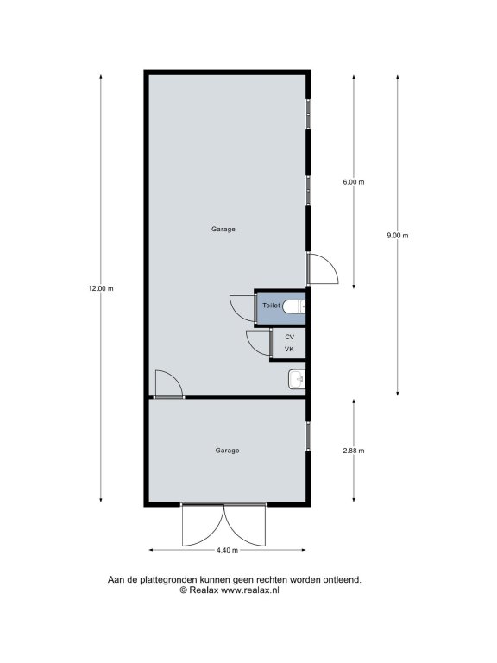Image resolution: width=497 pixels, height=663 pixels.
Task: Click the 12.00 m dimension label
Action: pyautogui.click(x=101, y=289)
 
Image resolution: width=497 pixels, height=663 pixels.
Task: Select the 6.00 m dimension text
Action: pyautogui.click(x=354, y=182)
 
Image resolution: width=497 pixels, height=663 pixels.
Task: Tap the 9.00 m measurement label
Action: pyautogui.click(x=398, y=236)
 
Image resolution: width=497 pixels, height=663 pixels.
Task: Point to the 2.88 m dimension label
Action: pyautogui.click(x=354, y=451)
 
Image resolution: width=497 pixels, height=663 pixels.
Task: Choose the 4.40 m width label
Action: pyautogui.click(x=228, y=550)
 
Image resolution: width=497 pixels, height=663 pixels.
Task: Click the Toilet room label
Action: pyautogui.click(x=271, y=306)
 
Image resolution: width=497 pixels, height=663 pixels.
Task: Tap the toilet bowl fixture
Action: pyautogui.click(x=293, y=306)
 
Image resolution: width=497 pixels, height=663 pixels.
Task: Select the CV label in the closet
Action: pyautogui.click(x=290, y=337)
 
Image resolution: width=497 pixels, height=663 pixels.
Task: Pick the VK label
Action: pyautogui.click(x=289, y=350)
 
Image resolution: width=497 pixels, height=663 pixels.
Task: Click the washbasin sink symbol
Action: pyautogui.click(x=296, y=379)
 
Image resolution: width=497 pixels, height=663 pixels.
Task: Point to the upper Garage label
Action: pyautogui.click(x=223, y=229)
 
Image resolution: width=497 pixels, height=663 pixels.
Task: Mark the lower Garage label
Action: pyautogui.click(x=228, y=451)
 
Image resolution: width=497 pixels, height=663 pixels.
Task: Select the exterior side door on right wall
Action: pyautogui.click(x=322, y=268)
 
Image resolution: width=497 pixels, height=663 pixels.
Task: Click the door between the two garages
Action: pyautogui.click(x=168, y=384)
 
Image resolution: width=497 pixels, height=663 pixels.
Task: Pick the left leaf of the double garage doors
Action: pyautogui.click(x=203, y=525)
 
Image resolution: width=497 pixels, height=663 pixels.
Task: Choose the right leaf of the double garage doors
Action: pyautogui.click(x=245, y=525)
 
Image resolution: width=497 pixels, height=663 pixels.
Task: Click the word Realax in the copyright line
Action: pyautogui.click(x=204, y=590)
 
